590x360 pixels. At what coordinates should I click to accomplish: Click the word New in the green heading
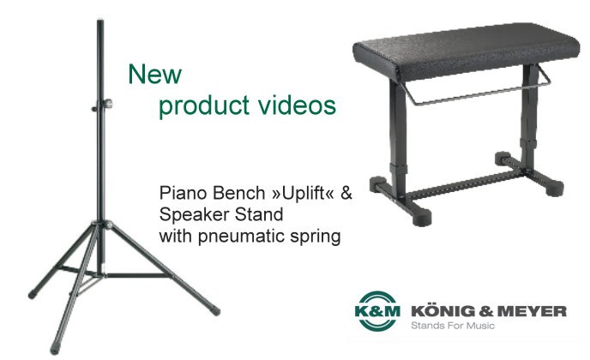pyautogui.click(x=154, y=74)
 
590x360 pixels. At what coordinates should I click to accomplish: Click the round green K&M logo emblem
pyautogui.click(x=377, y=311)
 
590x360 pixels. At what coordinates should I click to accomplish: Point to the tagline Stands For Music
pyautogui.click(x=453, y=326)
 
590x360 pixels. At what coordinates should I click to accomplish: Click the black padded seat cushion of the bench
pyautogui.click(x=466, y=51)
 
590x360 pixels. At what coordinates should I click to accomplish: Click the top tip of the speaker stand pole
pyautogui.click(x=100, y=21)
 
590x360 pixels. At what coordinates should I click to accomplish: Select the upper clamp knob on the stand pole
pyautogui.click(x=107, y=103)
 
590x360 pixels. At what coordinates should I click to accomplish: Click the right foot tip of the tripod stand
pyautogui.click(x=215, y=311)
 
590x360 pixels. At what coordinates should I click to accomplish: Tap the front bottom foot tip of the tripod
pyautogui.click(x=55, y=351)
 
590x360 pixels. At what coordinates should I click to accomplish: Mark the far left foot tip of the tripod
pyautogui.click(x=33, y=295)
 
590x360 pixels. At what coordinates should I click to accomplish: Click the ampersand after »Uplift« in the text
pyautogui.click(x=346, y=193)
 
